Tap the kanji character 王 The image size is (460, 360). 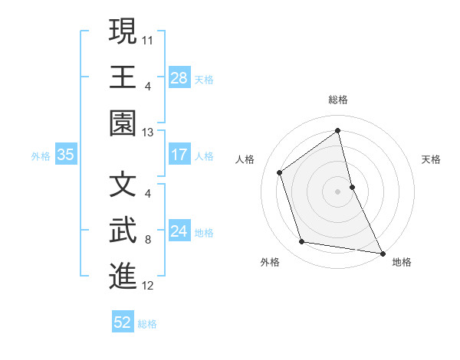[123, 77]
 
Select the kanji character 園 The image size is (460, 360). [123, 123]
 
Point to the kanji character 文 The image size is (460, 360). [123, 184]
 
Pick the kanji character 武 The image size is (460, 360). [123, 230]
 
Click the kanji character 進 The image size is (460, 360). [123, 276]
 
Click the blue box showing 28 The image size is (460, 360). [179, 77]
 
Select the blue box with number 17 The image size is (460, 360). [179, 155]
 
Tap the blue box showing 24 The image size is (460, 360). [179, 231]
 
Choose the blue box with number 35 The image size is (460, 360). [66, 155]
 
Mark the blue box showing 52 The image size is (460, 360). [123, 322]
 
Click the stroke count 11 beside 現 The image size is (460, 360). [148, 38]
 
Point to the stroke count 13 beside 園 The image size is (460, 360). [148, 132]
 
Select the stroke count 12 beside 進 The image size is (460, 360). [148, 286]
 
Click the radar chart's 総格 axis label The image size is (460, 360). [338, 100]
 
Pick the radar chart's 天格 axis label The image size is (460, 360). [432, 159]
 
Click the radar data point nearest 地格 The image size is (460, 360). [382, 252]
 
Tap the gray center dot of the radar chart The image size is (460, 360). [337, 191]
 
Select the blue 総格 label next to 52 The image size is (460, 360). [147, 324]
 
